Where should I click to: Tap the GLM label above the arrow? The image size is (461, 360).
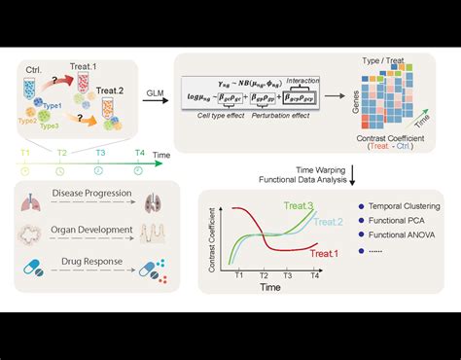tap(155, 94)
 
